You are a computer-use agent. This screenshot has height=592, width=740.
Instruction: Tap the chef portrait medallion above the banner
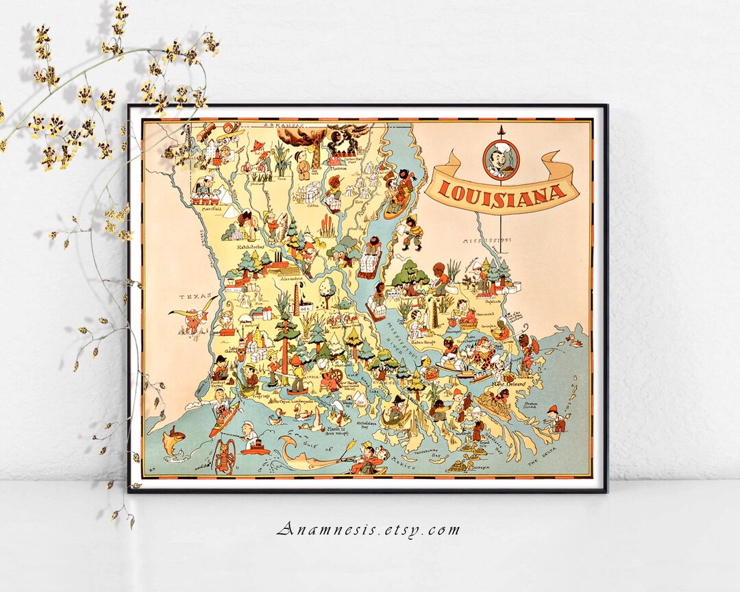502,159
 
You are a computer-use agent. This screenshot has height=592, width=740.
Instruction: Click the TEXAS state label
193,297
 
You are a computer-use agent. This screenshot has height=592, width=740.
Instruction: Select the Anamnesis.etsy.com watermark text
369,529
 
